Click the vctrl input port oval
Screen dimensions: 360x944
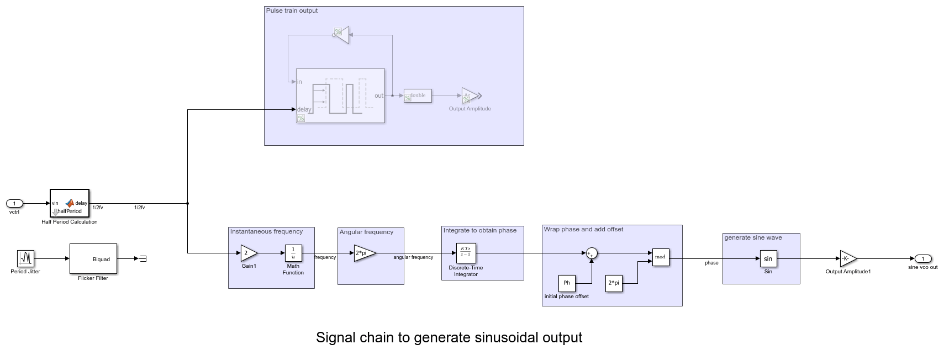tap(14, 204)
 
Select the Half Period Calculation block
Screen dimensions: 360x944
tap(69, 204)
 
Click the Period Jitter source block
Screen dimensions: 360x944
tap(25, 258)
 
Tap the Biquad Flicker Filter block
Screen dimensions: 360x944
tap(93, 258)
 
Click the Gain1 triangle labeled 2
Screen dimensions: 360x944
tap(248, 253)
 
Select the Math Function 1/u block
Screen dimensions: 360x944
tap(293, 253)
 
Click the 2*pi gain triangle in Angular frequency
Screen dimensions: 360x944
tap(364, 253)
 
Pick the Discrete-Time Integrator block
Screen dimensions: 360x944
tap(466, 253)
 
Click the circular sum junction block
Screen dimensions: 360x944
tap(592, 253)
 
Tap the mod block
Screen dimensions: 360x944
tap(661, 257)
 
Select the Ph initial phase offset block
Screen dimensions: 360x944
tap(567, 283)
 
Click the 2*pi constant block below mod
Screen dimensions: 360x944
tap(614, 283)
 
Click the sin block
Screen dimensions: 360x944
tap(768, 258)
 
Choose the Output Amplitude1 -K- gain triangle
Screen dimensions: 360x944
tap(847, 258)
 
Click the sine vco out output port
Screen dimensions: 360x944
tap(922, 258)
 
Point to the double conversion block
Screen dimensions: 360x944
tap(418, 96)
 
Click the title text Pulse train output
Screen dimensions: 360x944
tap(292, 10)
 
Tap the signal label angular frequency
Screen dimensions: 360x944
tap(413, 257)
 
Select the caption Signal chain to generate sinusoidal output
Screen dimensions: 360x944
tap(449, 337)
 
